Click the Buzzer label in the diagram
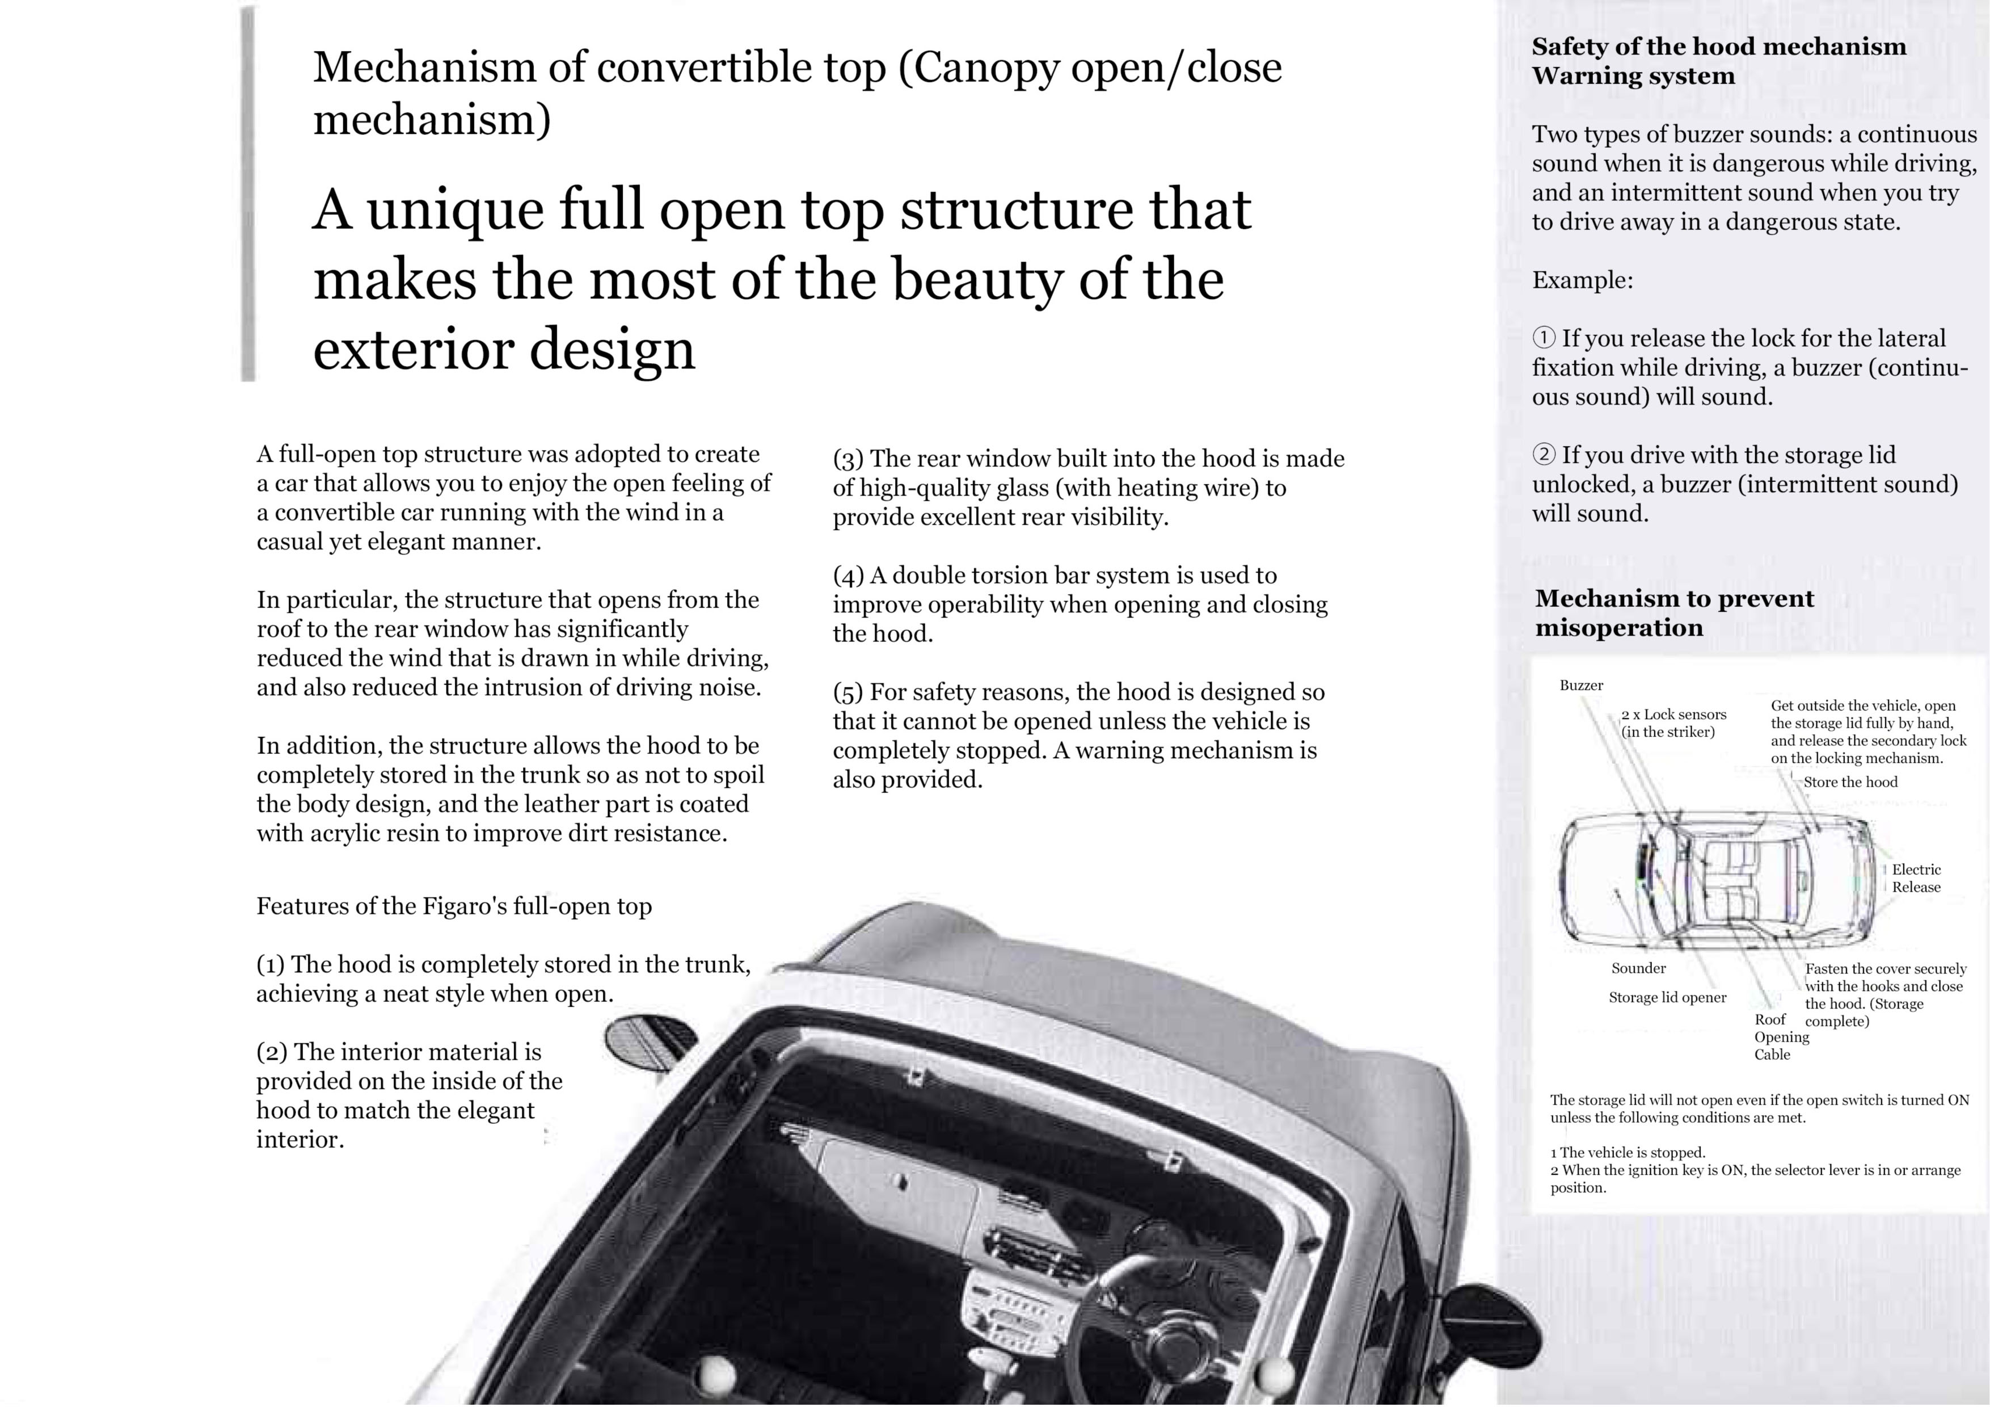click(1581, 686)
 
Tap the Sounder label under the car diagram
click(1638, 968)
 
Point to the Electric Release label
click(1916, 878)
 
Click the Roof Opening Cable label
click(1781, 1037)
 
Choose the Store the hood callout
click(1850, 782)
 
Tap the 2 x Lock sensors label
click(1673, 723)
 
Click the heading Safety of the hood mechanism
click(1719, 47)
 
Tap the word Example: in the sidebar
click(1583, 281)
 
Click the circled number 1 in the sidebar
click(1544, 338)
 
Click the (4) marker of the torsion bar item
click(849, 576)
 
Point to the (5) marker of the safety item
click(849, 692)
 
